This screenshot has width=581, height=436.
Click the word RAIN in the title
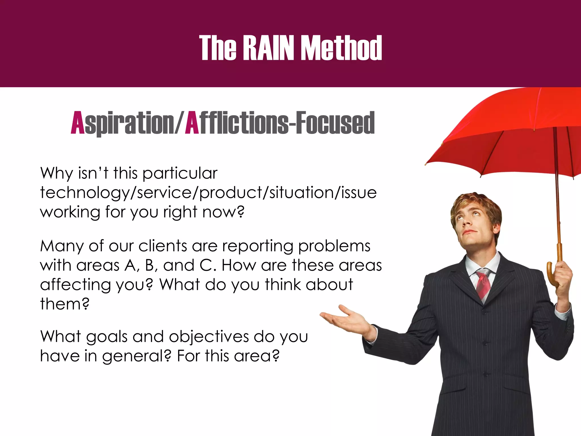(x=268, y=48)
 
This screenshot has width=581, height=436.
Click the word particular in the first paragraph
(x=180, y=173)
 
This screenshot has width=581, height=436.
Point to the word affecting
(x=75, y=285)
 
